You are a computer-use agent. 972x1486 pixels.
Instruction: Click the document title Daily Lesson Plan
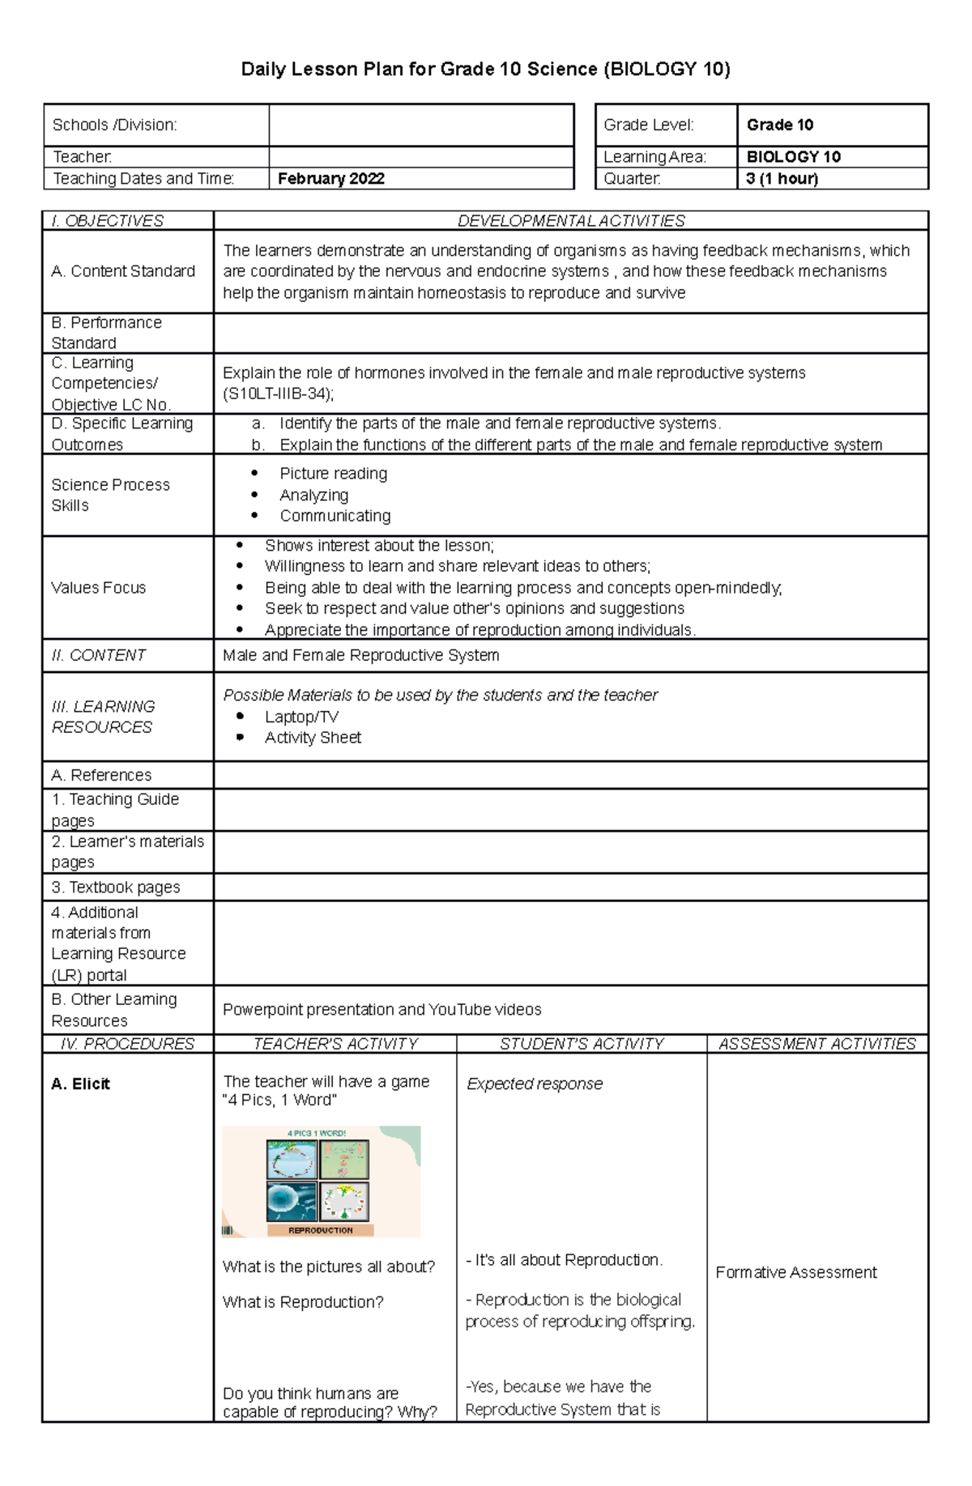(485, 70)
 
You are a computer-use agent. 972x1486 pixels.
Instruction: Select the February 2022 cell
(330, 179)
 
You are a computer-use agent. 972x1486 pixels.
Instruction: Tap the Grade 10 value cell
(780, 125)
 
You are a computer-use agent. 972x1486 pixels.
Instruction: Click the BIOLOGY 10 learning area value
(793, 157)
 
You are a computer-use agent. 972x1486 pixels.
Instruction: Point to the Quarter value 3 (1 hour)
(782, 179)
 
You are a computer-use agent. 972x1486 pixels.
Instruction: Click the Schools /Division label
(114, 125)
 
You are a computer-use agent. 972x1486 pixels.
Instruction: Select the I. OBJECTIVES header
(107, 221)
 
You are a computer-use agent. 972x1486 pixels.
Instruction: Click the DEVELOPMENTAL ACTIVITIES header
(570, 221)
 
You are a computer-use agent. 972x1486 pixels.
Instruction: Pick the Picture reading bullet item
(333, 474)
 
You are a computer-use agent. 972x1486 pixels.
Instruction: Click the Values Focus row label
(98, 588)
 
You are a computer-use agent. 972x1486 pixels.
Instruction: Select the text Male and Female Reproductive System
(360, 655)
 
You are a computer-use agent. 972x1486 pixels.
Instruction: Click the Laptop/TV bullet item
(301, 717)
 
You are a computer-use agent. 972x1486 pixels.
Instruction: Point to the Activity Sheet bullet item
(313, 738)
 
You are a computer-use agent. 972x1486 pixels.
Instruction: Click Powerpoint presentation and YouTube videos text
(382, 1010)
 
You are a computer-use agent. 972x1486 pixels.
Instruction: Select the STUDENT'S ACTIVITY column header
(581, 1044)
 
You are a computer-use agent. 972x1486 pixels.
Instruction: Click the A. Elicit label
(80, 1084)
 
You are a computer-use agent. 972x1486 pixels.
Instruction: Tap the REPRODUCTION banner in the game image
(321, 1230)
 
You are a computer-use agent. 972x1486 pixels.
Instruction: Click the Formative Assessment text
(795, 1272)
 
